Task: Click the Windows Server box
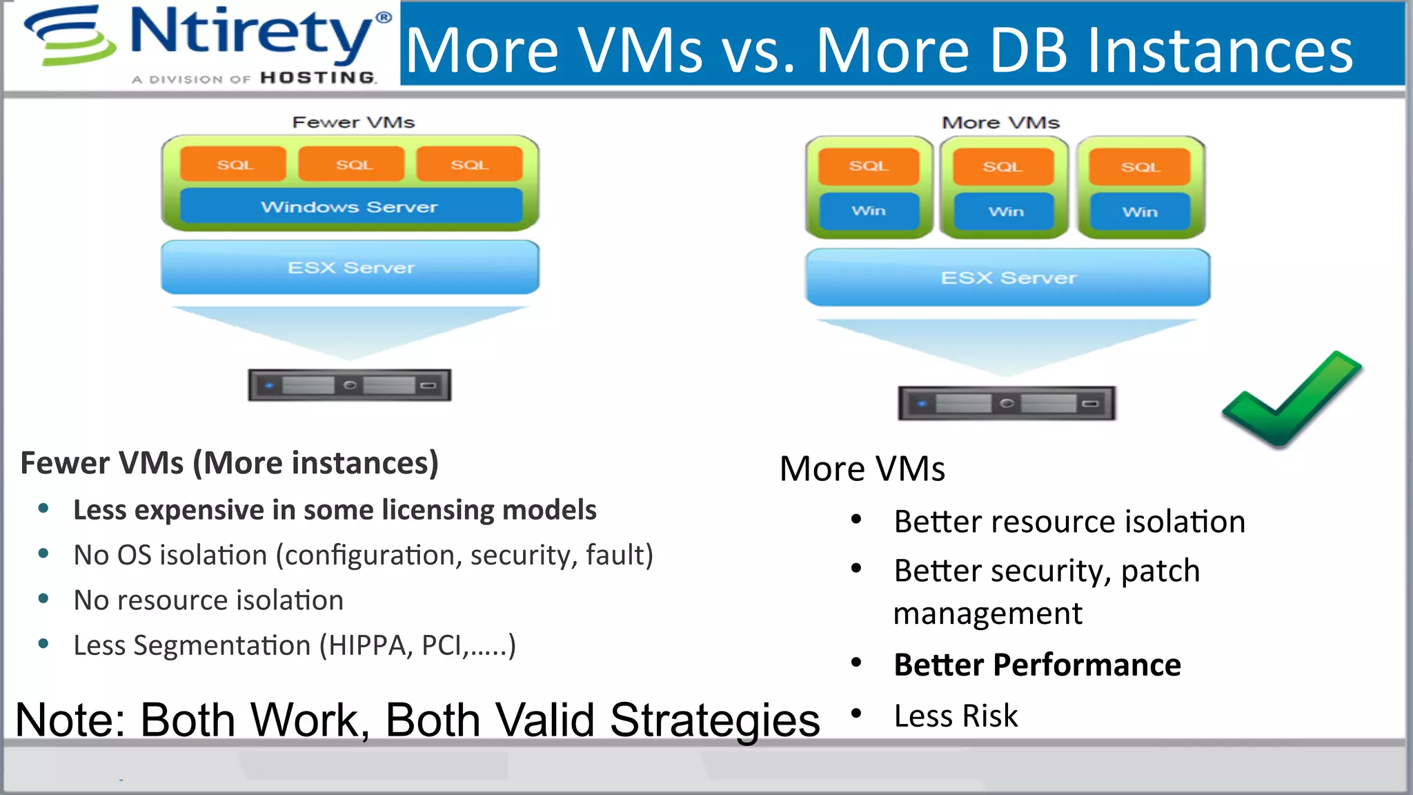tap(350, 207)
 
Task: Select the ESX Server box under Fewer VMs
tap(350, 268)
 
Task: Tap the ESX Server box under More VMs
tap(1008, 278)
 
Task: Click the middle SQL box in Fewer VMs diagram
tap(353, 164)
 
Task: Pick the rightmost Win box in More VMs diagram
tap(1140, 212)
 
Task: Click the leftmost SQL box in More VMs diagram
tap(868, 166)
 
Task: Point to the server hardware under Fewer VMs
tap(350, 385)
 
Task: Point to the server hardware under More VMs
tap(1006, 403)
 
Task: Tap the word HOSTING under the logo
tap(318, 78)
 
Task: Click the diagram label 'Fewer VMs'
tap(353, 122)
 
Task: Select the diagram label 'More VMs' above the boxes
tap(1000, 123)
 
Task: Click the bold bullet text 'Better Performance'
tap(1037, 665)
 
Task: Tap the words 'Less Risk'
tap(956, 716)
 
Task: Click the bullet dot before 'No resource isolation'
tap(43, 599)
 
